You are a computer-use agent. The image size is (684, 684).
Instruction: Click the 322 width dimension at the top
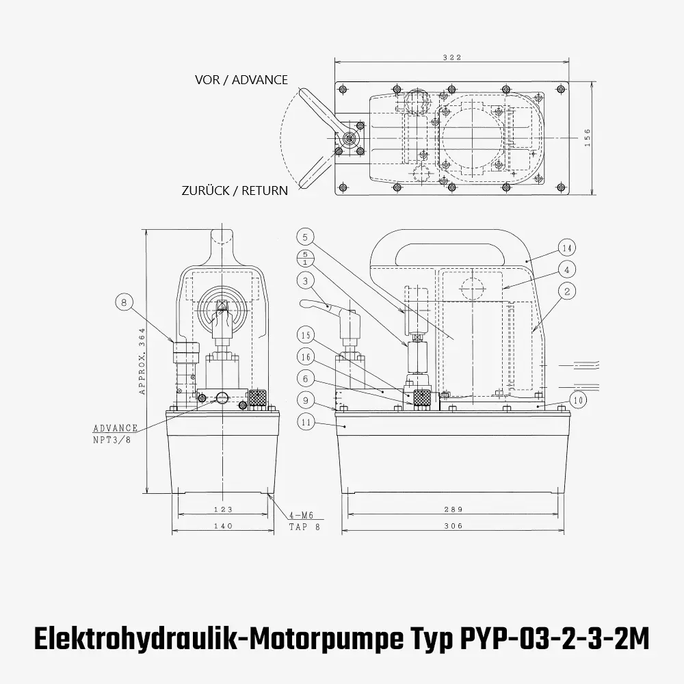coord(452,57)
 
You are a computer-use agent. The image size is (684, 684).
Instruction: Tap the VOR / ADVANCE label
coord(241,80)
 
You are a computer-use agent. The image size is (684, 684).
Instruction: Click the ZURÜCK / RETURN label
coord(235,191)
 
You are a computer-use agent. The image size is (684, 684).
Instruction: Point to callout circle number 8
coord(123,302)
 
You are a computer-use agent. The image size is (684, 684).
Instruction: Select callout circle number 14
coord(566,248)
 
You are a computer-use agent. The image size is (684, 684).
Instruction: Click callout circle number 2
coord(566,291)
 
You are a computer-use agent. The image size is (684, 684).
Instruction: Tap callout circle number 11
coord(306,422)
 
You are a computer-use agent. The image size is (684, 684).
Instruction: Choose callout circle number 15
coord(306,335)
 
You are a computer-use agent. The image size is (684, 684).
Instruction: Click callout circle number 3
coord(306,280)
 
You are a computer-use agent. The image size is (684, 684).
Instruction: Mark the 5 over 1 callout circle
coord(306,258)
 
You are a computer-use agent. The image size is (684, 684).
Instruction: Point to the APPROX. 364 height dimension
coord(142,361)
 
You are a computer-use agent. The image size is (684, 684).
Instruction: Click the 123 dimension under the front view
coord(223,510)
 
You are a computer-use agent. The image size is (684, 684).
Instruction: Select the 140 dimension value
coord(223,526)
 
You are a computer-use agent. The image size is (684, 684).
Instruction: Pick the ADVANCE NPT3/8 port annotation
coord(116,433)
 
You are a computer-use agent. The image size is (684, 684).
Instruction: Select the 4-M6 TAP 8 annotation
coord(301,521)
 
